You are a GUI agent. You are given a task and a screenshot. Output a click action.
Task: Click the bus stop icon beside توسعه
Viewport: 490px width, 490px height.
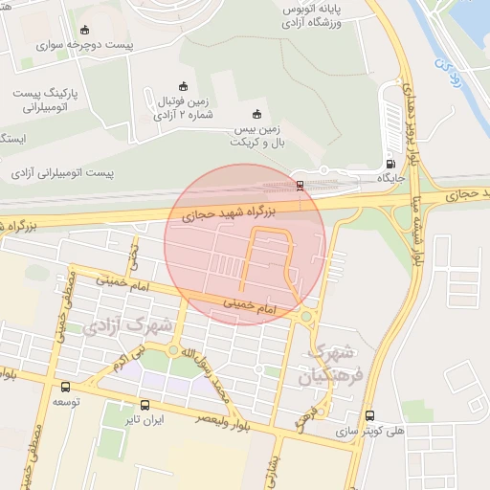click(65, 388)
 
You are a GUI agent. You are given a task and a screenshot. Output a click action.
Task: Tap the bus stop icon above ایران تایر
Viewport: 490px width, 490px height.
click(145, 405)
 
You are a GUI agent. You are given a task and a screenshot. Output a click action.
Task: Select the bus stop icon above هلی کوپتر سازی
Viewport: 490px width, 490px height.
click(371, 415)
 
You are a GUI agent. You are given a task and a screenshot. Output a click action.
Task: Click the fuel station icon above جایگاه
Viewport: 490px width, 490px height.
click(389, 163)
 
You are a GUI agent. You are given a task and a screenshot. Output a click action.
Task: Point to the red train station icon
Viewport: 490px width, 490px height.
click(301, 186)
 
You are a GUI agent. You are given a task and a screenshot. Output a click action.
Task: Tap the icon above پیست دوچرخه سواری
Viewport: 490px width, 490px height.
click(87, 29)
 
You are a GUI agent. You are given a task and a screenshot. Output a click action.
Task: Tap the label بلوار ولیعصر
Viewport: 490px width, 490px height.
click(220, 418)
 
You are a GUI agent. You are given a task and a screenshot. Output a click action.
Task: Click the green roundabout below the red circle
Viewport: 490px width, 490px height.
click(306, 316)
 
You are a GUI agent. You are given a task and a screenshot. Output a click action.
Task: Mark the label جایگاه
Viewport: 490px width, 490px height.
click(393, 178)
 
